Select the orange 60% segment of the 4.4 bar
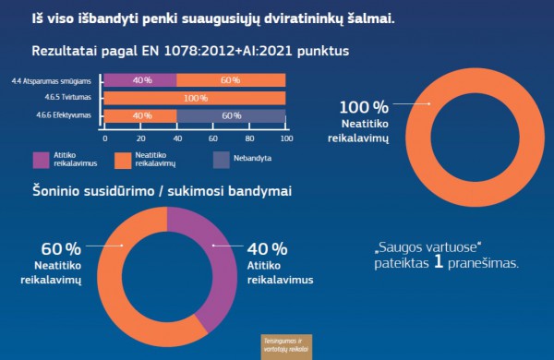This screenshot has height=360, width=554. [231, 80]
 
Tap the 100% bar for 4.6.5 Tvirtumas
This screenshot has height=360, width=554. [195, 98]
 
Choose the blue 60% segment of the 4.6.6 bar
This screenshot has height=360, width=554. [231, 115]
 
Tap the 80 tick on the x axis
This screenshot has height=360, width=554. [249, 137]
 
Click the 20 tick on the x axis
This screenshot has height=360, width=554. [140, 137]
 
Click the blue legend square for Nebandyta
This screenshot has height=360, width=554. [221, 160]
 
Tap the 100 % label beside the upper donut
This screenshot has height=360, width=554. [364, 107]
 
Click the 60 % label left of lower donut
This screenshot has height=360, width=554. [61, 249]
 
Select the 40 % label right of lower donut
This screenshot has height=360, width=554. [267, 249]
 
